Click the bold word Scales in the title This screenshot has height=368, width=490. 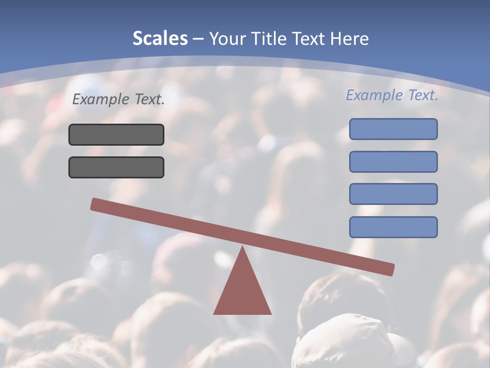pos(160,38)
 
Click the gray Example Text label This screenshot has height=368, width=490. pos(118,100)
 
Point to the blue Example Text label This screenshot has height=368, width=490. pos(392,95)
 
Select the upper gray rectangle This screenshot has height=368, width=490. pos(116,134)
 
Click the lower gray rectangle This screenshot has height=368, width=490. pos(116,167)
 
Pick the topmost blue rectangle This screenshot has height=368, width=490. pos(393,129)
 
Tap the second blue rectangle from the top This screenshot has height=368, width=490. pos(393,162)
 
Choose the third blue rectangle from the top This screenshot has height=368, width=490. pos(393,194)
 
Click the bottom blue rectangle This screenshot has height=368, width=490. pos(393,227)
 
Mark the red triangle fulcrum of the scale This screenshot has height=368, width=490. pos(242,291)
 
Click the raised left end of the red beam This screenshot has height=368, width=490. pos(97,204)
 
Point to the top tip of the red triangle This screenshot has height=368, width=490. pos(242,248)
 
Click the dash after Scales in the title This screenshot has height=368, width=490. pos(198,39)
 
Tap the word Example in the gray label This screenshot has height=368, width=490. pos(102,100)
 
